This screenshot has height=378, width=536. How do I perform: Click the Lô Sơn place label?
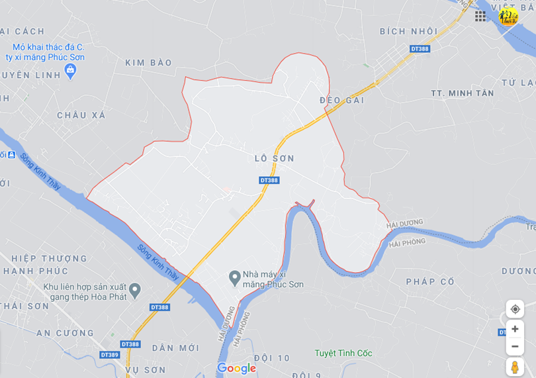[x=274, y=159]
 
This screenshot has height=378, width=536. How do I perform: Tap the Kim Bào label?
[x=148, y=63]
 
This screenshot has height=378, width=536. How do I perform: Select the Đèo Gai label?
[x=342, y=100]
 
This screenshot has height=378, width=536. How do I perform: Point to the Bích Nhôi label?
[x=408, y=31]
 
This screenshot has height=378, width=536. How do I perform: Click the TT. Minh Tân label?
[x=462, y=93]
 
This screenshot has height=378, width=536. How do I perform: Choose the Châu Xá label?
[x=81, y=115]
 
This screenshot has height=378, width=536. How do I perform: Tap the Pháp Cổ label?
[x=430, y=282]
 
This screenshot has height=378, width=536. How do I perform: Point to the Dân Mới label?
[x=175, y=348]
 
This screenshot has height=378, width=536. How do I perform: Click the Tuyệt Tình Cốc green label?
[x=343, y=354]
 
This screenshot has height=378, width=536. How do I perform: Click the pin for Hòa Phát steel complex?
[x=135, y=289]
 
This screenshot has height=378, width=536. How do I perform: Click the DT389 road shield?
[x=109, y=355]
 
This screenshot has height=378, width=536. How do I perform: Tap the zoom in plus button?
[x=515, y=329]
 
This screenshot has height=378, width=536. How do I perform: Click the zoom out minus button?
[x=515, y=346]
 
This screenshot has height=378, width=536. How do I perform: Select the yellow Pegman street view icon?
[x=515, y=367]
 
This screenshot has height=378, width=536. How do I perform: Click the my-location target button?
[x=515, y=309]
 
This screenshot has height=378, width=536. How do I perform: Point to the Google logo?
[x=236, y=369]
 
